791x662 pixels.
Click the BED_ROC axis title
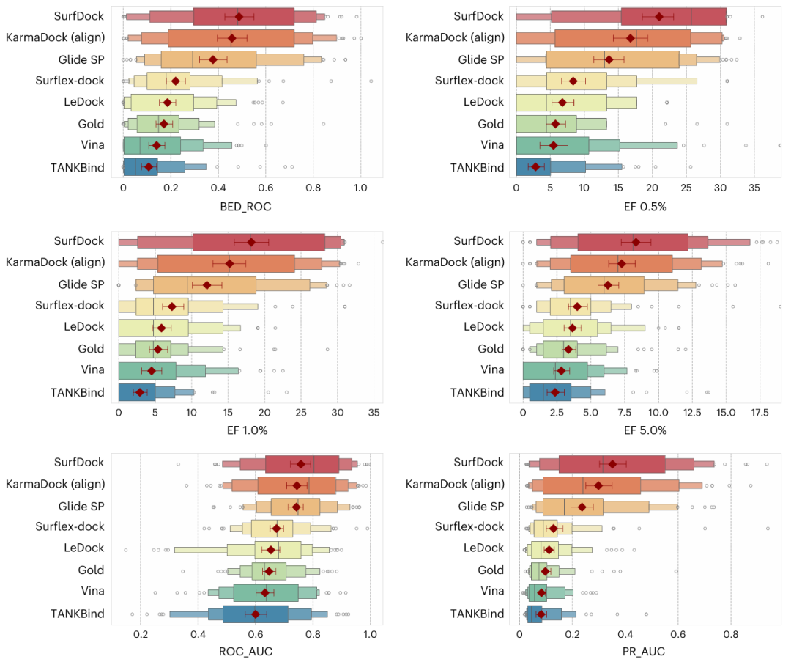[x=245, y=207]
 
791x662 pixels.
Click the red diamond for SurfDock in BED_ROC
[x=239, y=16]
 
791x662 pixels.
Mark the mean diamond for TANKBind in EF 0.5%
[x=535, y=167]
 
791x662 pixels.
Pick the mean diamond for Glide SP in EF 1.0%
[x=207, y=284]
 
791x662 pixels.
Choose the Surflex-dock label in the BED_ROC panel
[x=70, y=81]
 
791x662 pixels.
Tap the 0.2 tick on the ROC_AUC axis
[x=141, y=634]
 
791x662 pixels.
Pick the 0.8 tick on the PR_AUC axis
[x=730, y=634]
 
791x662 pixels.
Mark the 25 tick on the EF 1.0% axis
[x=300, y=413]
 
